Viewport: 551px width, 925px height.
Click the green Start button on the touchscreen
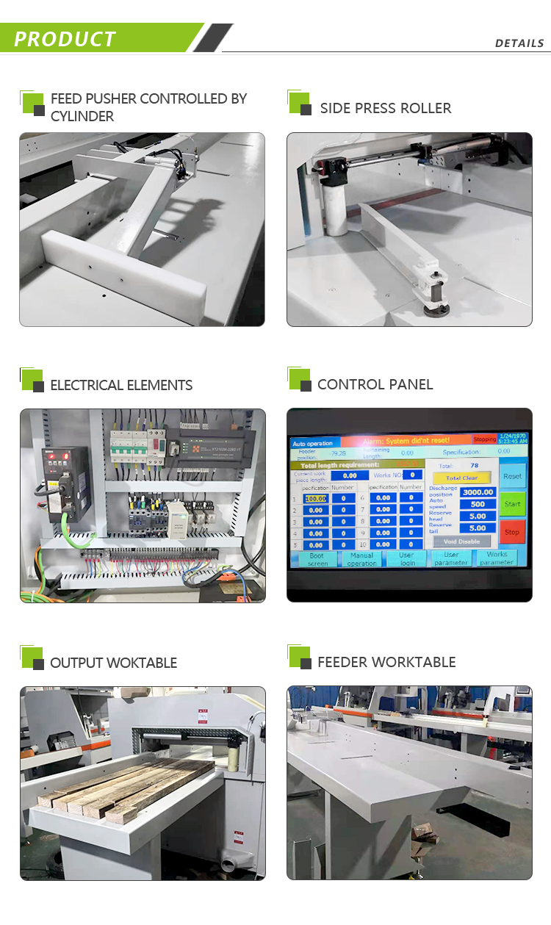point(512,504)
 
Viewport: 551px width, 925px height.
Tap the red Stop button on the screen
point(512,531)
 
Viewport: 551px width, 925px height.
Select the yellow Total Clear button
point(461,478)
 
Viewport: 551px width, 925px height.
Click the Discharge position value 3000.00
point(478,492)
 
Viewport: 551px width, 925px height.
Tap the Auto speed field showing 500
point(478,504)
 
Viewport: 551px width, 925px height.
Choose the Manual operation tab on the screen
point(361,559)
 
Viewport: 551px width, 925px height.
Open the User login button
point(407,559)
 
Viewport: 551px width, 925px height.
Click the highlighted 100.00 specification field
point(315,498)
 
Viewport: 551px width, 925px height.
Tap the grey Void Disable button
point(461,541)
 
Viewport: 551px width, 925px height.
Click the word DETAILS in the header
point(519,43)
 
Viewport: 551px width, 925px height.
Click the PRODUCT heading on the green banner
point(65,39)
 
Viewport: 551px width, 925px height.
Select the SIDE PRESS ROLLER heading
point(385,108)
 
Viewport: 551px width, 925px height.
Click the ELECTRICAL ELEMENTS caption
point(121,385)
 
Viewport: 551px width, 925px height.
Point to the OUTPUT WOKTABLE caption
point(113,663)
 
